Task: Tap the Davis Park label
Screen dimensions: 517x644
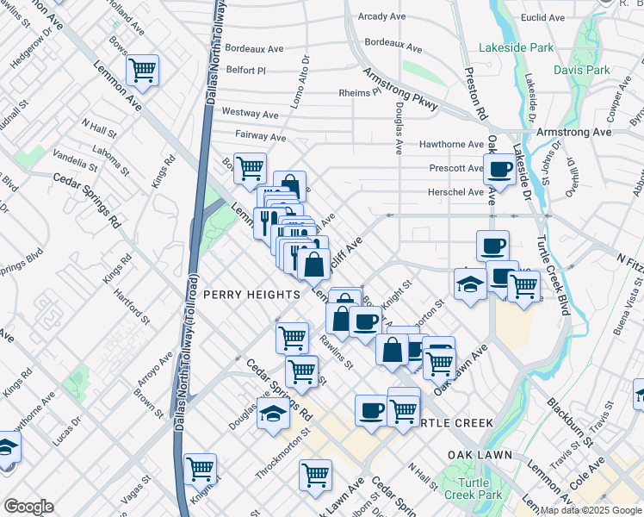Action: (x=581, y=70)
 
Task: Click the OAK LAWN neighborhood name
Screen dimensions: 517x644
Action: (x=480, y=454)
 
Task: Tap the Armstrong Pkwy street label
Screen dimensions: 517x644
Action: (x=399, y=90)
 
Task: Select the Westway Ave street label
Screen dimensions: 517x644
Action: (x=250, y=113)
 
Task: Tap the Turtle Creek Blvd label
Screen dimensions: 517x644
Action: (x=554, y=274)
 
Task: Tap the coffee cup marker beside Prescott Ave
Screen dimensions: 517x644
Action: (x=499, y=170)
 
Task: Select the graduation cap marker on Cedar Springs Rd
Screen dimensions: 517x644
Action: (x=273, y=414)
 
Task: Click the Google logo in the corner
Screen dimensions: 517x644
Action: (x=28, y=507)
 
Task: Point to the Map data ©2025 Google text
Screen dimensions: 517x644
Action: (x=590, y=510)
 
